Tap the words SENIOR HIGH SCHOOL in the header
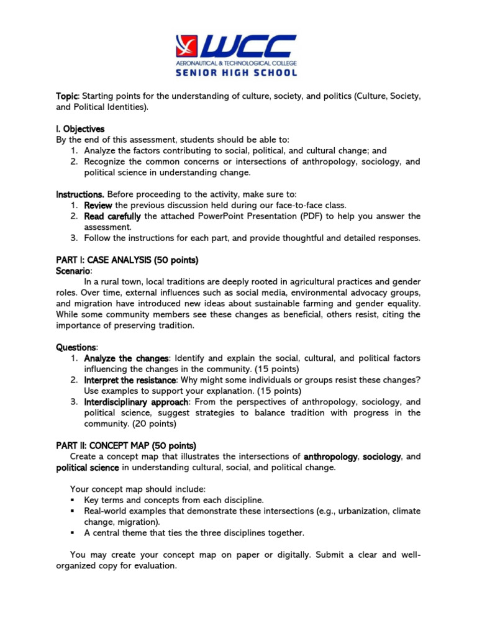pyautogui.click(x=238, y=72)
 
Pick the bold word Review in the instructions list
pyautogui.click(x=98, y=205)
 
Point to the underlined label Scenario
pyautogui.click(x=74, y=271)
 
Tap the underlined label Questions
pyautogui.click(x=76, y=347)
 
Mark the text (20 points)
pyautogui.click(x=154, y=424)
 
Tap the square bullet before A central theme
pyautogui.click(x=73, y=533)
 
